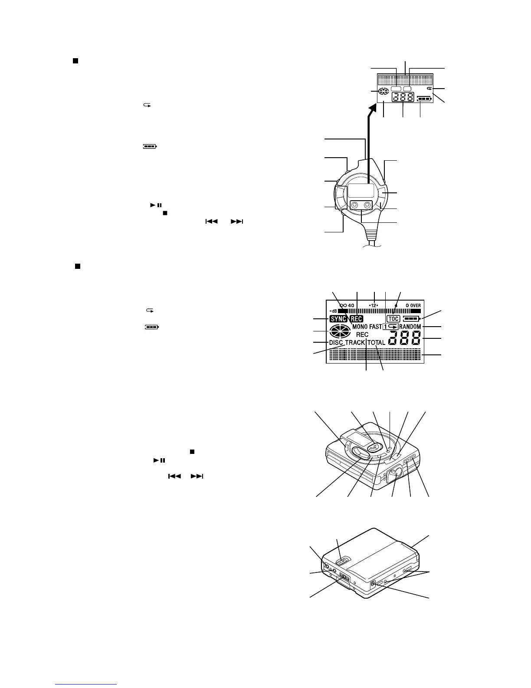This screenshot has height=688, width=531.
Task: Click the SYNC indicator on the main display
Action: [338, 319]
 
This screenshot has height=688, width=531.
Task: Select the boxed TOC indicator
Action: [393, 319]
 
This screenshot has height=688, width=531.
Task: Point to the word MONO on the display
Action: [360, 327]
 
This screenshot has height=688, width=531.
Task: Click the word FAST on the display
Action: [376, 327]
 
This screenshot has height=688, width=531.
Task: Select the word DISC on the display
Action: [336, 342]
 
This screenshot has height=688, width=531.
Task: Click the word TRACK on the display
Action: [355, 342]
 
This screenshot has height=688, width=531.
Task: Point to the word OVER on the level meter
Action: [415, 305]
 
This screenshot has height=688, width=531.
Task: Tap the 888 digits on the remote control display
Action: [403, 98]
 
